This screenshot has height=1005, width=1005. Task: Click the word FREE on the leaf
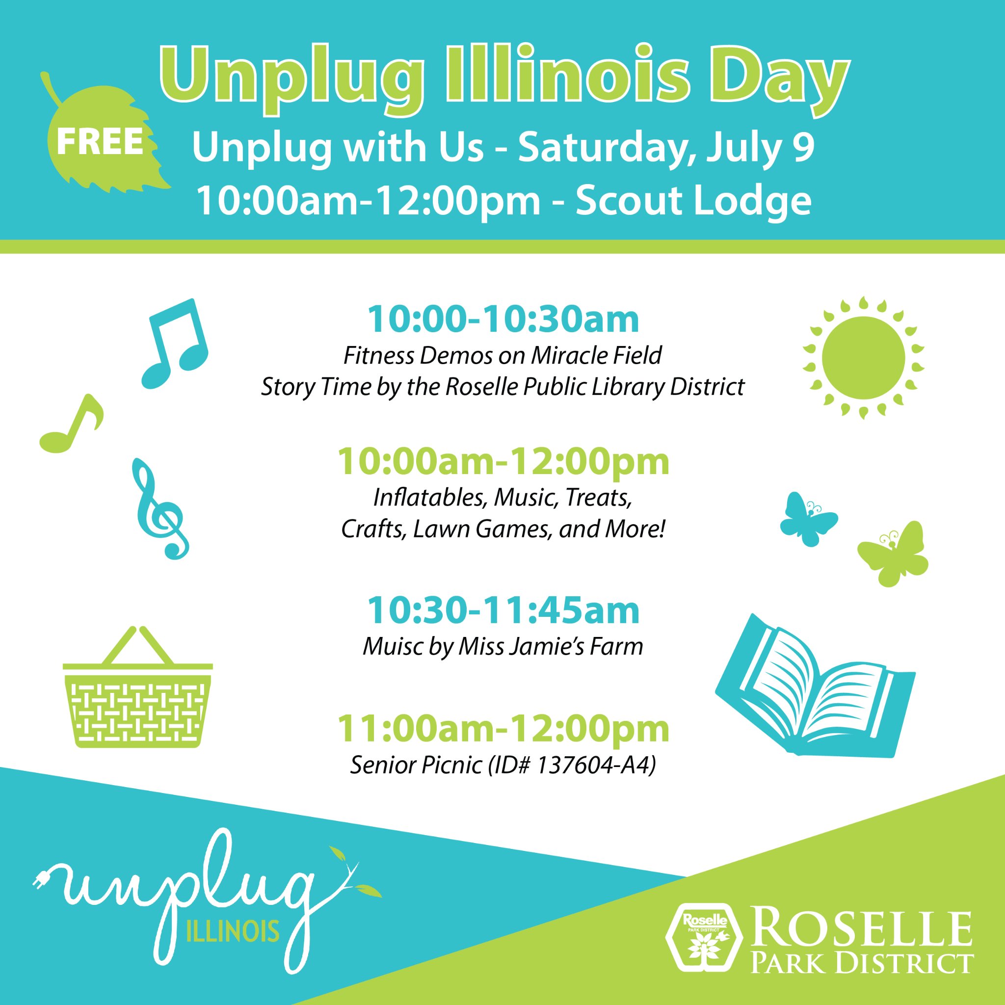point(100,141)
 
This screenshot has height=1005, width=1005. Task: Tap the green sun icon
point(863,358)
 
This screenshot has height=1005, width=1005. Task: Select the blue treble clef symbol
point(159,509)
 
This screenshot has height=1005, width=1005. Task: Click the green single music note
point(71,423)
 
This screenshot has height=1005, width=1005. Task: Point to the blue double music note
point(175,344)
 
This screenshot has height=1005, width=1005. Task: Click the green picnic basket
point(138,687)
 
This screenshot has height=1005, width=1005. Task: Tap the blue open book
point(815,686)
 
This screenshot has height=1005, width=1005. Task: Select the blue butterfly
point(808,519)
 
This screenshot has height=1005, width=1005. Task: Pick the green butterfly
point(893,554)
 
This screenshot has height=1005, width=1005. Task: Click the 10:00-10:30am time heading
point(503,319)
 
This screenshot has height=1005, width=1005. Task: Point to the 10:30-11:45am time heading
point(503,610)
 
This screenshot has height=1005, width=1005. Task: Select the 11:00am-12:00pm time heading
point(503,728)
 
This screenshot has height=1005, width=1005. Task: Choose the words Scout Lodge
point(693,201)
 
